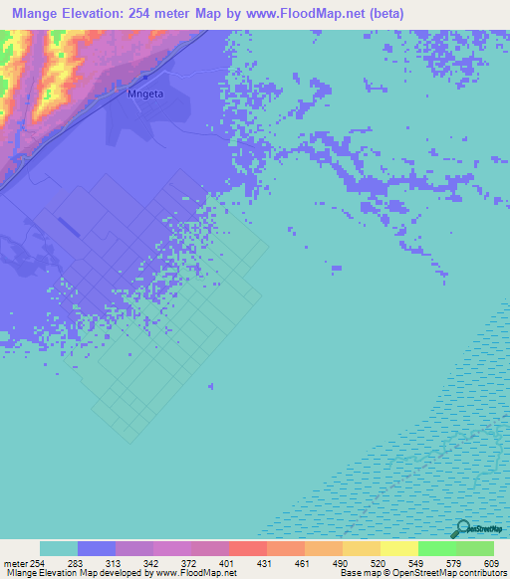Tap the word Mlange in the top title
click(x=34, y=14)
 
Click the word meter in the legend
click(x=15, y=563)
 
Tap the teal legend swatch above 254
click(x=59, y=548)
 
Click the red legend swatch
click(x=248, y=548)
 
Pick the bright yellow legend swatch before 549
click(x=399, y=548)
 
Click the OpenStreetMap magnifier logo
click(x=462, y=528)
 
